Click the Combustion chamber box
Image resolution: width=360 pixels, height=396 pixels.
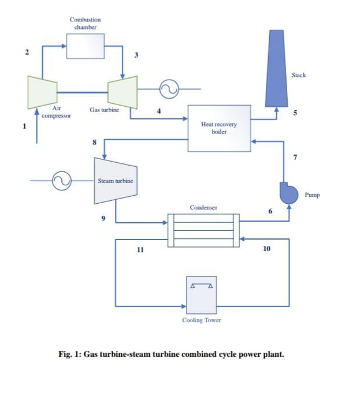(x=86, y=46)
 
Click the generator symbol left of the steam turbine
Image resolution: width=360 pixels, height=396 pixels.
(x=61, y=181)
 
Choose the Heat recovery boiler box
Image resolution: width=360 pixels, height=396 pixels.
(x=219, y=128)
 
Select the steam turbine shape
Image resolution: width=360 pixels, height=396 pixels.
(x=114, y=181)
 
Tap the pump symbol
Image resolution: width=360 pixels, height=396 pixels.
(x=287, y=193)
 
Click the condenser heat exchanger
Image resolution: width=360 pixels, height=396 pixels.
(x=203, y=230)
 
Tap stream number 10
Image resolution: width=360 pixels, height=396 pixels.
(x=266, y=249)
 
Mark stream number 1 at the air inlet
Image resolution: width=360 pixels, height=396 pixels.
(x=24, y=125)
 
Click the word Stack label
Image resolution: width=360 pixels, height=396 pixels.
(x=299, y=76)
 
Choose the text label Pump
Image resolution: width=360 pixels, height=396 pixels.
(x=312, y=195)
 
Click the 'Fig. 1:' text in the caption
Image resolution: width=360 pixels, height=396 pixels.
(x=70, y=354)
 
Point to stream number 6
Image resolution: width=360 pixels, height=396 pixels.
(x=270, y=211)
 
